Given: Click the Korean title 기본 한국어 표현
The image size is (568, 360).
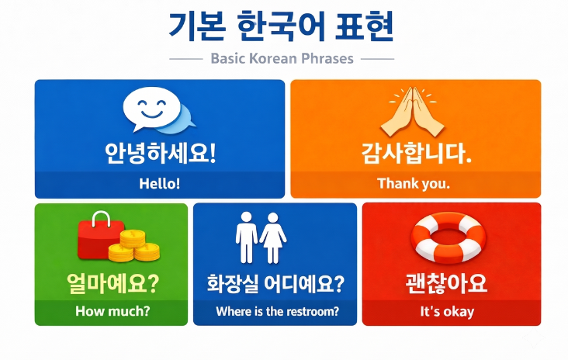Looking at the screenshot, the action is pos(281,26).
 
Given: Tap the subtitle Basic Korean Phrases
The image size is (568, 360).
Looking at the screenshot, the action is pos(282,58).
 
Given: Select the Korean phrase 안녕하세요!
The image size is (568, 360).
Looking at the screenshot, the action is pos(160,153).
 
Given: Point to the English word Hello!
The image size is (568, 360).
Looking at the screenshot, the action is pos(160,183).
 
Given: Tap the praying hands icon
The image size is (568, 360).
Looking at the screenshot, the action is pos(413,111).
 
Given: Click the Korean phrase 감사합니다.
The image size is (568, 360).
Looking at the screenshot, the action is pos(416,153).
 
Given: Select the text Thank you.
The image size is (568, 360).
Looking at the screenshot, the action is pos(414,183).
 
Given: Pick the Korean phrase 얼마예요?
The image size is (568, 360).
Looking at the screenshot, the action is pos(113,283).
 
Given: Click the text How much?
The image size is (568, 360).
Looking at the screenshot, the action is pos(113,311).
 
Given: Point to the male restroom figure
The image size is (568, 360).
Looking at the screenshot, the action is pos(246,237).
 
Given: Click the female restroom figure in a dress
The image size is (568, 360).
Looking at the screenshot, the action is pos(273,237).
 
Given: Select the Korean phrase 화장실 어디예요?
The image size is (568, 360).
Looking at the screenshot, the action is pos(275,283).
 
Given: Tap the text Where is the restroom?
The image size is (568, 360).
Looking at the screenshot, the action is pos(278,311).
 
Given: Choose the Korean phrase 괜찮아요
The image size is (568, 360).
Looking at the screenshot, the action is pos(446,283).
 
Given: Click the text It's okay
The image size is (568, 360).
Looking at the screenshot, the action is pos(447,311).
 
